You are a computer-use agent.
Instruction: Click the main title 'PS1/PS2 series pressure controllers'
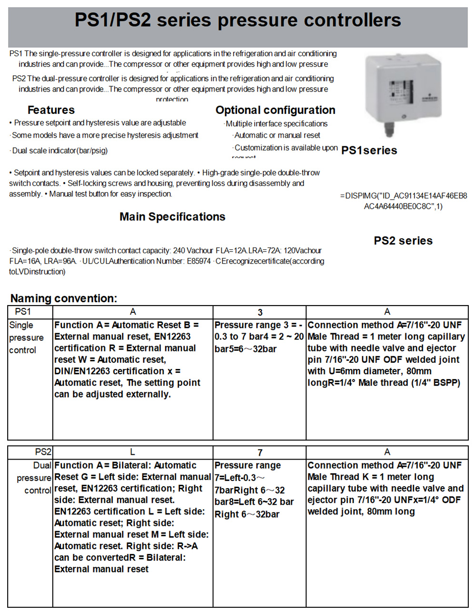[x=238, y=20]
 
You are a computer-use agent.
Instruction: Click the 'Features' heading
[x=51, y=110]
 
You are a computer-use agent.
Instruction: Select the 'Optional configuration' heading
[x=275, y=110]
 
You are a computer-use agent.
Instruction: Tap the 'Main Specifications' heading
[x=172, y=217]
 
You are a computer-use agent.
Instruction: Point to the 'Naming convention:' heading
[x=64, y=298]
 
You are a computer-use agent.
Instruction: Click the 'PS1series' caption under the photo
[x=369, y=151]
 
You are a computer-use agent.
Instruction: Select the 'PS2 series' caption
[x=403, y=241]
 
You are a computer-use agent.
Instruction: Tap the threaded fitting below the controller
[x=389, y=129]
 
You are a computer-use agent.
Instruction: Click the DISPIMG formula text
[x=404, y=201]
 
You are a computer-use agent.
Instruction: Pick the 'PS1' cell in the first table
[x=23, y=312]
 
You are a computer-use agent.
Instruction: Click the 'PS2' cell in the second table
[x=43, y=452]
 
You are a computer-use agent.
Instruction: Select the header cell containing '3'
[x=260, y=312]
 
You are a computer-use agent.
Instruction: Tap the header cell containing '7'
[x=260, y=452]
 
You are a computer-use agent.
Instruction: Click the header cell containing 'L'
[x=132, y=452]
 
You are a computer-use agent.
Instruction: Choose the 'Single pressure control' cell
[x=26, y=338]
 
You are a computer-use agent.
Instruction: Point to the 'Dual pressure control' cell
[x=34, y=478]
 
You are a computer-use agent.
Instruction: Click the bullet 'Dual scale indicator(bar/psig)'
[x=60, y=151]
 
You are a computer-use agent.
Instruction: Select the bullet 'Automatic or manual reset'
[x=277, y=135]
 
